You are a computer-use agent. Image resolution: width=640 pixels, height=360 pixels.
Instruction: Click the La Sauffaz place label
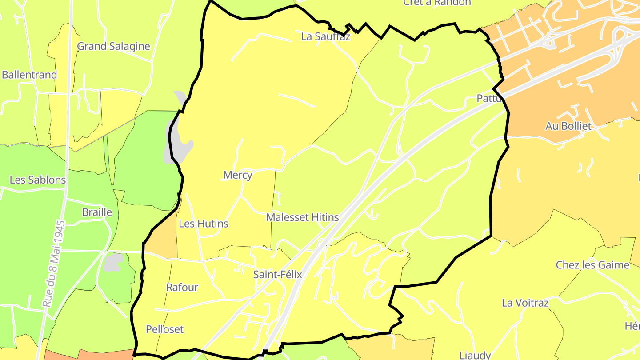tap(325, 36)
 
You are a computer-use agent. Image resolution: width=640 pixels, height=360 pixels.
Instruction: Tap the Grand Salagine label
tap(113, 46)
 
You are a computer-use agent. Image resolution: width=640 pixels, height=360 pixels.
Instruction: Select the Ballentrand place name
tap(29, 75)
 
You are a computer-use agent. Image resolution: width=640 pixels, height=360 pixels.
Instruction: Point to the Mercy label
tap(237, 175)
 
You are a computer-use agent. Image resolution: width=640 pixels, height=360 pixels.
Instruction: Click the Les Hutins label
tap(203, 224)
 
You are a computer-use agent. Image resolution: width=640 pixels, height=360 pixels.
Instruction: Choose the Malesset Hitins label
tap(302, 217)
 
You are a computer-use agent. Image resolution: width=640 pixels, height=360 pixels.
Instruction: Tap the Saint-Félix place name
tap(277, 275)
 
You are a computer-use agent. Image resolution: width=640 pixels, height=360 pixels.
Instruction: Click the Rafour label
tap(182, 288)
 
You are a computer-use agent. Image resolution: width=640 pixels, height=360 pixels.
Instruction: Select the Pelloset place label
tap(164, 329)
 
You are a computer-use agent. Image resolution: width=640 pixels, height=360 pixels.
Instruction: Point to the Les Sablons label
tap(38, 180)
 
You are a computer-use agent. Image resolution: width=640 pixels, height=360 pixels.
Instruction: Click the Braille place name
tap(97, 212)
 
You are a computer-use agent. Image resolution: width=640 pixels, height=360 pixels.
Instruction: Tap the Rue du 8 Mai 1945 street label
tap(53, 264)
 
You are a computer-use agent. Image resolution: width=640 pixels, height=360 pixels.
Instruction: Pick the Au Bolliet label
tap(568, 126)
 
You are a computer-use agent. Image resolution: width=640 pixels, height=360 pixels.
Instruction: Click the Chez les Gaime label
tap(592, 265)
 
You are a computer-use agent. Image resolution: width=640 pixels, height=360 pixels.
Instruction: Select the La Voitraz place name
tap(525, 303)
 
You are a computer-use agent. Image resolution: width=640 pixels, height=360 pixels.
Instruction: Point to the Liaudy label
tap(475, 355)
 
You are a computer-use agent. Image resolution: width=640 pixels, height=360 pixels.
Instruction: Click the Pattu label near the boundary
tap(489, 99)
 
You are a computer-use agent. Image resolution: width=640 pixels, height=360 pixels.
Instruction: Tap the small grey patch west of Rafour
tap(113, 262)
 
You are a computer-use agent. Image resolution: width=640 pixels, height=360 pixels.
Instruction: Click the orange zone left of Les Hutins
tap(162, 242)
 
